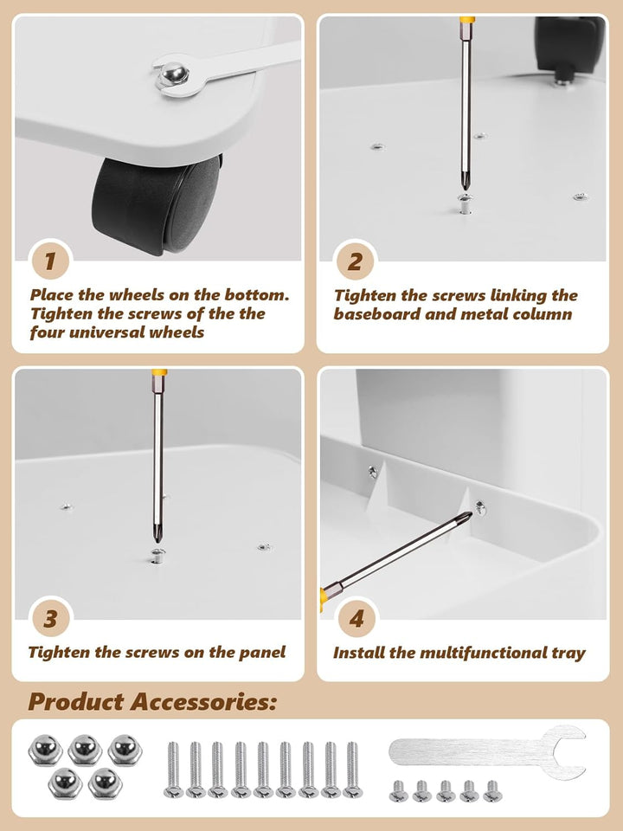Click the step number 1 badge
(x=51, y=261)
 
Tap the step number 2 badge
(x=355, y=261)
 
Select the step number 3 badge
(x=51, y=618)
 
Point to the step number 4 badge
(x=356, y=618)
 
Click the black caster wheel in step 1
(x=157, y=206)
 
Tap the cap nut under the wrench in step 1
(x=173, y=74)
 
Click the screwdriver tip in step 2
(x=466, y=185)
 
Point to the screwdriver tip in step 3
(x=157, y=538)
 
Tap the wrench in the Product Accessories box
(x=487, y=752)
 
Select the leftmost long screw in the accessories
(x=173, y=770)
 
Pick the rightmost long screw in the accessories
(x=352, y=770)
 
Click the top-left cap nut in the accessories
(x=45, y=750)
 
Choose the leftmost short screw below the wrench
(x=398, y=790)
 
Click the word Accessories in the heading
(x=203, y=701)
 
